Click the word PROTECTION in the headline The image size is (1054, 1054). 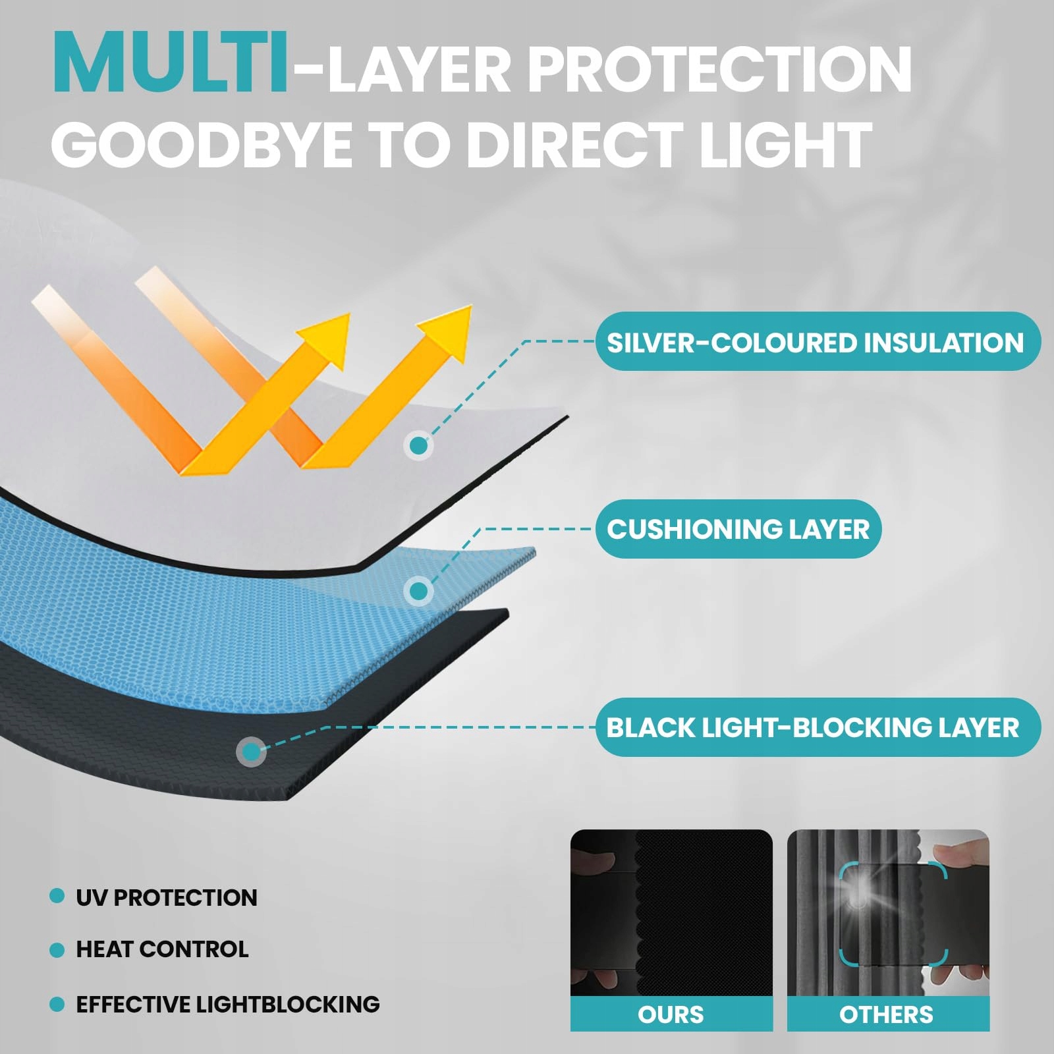pyautogui.click(x=720, y=69)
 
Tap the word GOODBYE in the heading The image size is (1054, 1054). pyautogui.click(x=202, y=144)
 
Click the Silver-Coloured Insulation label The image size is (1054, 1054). pyautogui.click(x=818, y=342)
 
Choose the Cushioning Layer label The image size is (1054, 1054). pyautogui.click(x=738, y=529)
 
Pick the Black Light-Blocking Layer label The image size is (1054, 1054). pyautogui.click(x=818, y=727)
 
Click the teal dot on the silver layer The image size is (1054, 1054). pyautogui.click(x=418, y=446)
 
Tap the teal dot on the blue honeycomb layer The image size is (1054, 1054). pyautogui.click(x=418, y=591)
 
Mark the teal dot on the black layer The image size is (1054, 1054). pyautogui.click(x=251, y=751)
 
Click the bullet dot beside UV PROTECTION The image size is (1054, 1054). pyautogui.click(x=57, y=896)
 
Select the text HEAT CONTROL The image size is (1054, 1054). pyautogui.click(x=162, y=949)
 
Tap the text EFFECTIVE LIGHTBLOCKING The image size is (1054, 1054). pyautogui.click(x=228, y=1004)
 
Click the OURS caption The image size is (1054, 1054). pyautogui.click(x=671, y=1014)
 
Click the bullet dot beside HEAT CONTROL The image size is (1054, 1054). pyautogui.click(x=57, y=950)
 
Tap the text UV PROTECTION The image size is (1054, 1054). pyautogui.click(x=167, y=897)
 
